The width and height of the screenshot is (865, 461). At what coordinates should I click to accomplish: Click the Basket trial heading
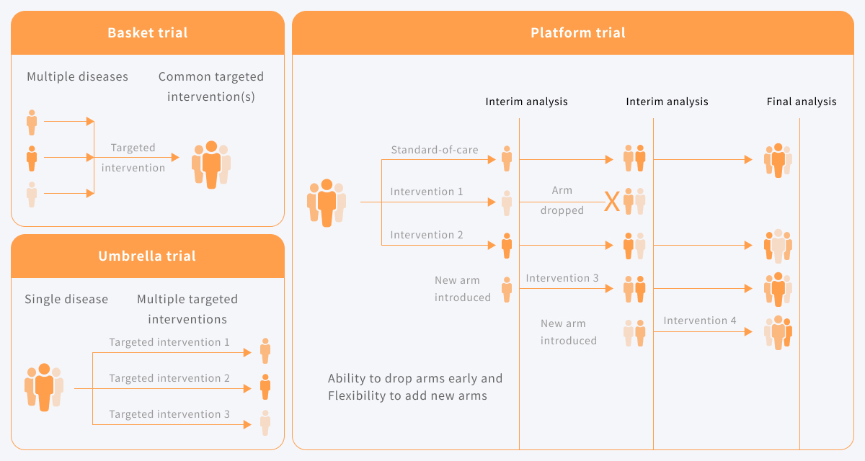[x=148, y=33]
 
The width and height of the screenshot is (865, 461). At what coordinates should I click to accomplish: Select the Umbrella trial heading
[x=147, y=256]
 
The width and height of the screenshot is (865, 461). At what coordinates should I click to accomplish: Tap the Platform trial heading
[x=578, y=33]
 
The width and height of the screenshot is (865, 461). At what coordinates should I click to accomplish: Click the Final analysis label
[x=802, y=102]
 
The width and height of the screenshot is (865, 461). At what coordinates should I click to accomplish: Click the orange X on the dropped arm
[x=612, y=202]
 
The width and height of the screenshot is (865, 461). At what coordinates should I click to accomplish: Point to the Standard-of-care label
[x=435, y=150]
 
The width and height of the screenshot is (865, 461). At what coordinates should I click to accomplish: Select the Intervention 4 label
[x=700, y=321]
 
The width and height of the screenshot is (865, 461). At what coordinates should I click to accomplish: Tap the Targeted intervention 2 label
[x=169, y=378]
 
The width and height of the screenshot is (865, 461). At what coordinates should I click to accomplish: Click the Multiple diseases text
[x=77, y=76]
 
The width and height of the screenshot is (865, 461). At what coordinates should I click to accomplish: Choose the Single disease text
[x=66, y=300]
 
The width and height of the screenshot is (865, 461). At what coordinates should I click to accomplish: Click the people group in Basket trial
[x=211, y=165]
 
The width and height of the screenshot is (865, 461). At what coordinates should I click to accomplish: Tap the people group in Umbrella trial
[x=44, y=388]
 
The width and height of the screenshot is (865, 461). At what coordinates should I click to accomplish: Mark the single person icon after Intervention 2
[x=507, y=246]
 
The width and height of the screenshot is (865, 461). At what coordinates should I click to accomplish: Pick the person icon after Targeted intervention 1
[x=265, y=351]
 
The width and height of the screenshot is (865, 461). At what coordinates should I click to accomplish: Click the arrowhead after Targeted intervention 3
[x=247, y=425]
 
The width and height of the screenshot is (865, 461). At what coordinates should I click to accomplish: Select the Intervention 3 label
[x=562, y=278]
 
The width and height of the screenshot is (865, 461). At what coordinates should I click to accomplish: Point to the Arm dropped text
[x=562, y=200]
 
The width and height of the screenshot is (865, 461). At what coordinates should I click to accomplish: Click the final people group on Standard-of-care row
[x=778, y=161]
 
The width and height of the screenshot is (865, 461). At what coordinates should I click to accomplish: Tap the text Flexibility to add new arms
[x=407, y=395]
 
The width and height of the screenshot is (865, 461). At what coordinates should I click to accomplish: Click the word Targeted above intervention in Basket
[x=133, y=148]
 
